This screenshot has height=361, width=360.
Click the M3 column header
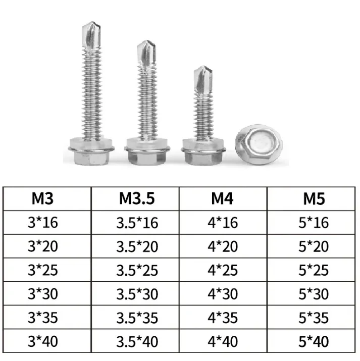pyautogui.click(x=42, y=198)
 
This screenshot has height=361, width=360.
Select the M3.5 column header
pyautogui.click(x=137, y=198)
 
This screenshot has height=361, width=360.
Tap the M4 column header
pyautogui.click(x=222, y=198)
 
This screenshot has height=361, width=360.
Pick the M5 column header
pyautogui.click(x=314, y=198)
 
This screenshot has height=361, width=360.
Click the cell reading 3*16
pyautogui.click(x=43, y=223)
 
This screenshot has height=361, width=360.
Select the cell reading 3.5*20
pyautogui.click(x=137, y=246)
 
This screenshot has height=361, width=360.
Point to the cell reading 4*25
pyautogui.click(x=223, y=270)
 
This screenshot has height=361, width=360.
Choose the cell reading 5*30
pyautogui.click(x=314, y=294)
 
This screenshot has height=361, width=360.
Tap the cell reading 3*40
pyautogui.click(x=43, y=341)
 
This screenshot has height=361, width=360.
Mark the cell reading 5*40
pyautogui.click(x=314, y=341)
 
